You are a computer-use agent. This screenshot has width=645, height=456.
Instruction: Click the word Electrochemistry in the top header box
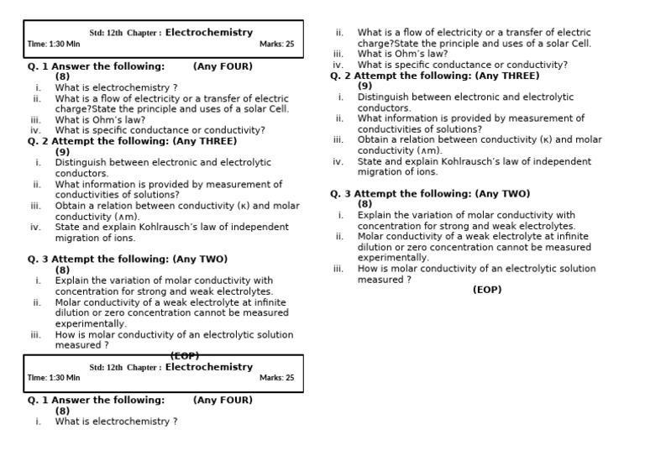pos(208,33)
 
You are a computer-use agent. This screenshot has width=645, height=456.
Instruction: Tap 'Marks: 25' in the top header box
pos(276,44)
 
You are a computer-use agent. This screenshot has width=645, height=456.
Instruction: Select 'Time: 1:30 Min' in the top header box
pos(54,44)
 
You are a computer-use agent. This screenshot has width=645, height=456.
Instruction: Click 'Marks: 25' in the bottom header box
pos(276,378)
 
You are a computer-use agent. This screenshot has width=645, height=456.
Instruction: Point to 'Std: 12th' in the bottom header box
pos(106,368)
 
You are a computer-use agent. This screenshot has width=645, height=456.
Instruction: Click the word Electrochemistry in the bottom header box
pos(208,367)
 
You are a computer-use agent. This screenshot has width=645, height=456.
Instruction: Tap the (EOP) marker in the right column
pos(487,290)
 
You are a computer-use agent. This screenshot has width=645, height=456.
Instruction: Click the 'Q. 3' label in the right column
pos(340,194)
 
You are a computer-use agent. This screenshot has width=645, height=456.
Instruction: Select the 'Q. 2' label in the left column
pos(39,141)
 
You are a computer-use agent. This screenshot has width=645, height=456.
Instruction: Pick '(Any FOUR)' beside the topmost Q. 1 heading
pos(223,66)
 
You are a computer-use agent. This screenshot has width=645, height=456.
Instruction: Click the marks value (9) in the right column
pos(365,86)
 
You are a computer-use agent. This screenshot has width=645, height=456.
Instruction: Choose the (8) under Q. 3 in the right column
pos(365,204)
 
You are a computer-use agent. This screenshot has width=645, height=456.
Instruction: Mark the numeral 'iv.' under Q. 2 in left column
pos(36,227)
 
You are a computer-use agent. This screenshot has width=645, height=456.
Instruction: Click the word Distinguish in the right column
pos(384,97)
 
